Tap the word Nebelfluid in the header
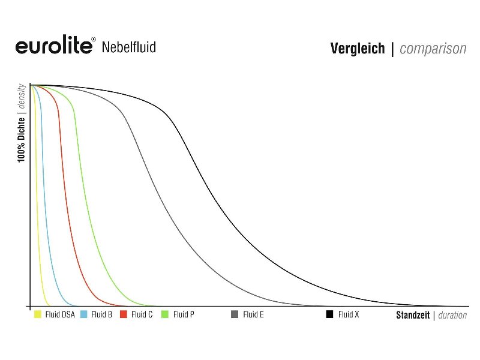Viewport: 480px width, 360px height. point(129,47)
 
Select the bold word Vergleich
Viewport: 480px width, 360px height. point(358,49)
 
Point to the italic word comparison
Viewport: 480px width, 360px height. point(433,49)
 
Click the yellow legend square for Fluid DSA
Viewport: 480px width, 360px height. point(38,314)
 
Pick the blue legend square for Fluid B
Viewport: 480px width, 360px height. point(84,314)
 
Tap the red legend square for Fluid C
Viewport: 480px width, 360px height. point(124,314)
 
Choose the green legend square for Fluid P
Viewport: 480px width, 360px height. point(165,314)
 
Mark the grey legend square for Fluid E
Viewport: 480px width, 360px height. point(235,314)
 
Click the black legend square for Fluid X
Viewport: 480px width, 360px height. point(329,314)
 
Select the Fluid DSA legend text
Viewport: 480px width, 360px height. point(60,314)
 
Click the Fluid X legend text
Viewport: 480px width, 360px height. point(349,314)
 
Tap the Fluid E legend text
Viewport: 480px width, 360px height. point(253,314)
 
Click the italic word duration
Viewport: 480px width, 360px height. point(452,316)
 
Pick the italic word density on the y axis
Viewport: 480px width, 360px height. point(21,96)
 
